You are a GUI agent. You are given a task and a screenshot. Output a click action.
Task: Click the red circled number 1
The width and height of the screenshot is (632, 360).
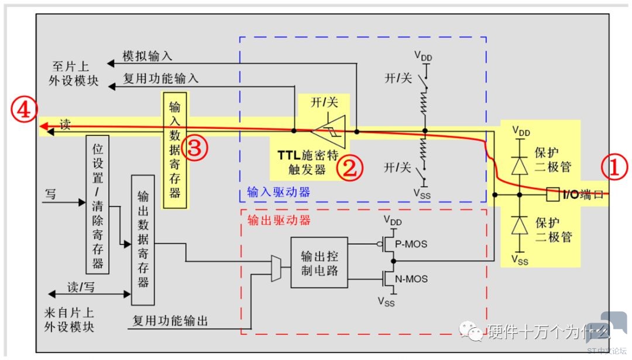pyautogui.click(x=614, y=169)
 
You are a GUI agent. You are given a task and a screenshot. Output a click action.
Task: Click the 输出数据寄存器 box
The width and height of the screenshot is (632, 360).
pyautogui.click(x=143, y=239)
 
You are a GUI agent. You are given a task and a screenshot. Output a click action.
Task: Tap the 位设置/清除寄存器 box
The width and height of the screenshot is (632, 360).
pyautogui.click(x=98, y=204)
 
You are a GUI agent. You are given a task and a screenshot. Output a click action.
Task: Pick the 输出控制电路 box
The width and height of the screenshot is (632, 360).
pyautogui.click(x=318, y=262)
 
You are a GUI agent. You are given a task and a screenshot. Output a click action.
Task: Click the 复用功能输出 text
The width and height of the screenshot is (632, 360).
pyautogui.click(x=170, y=320)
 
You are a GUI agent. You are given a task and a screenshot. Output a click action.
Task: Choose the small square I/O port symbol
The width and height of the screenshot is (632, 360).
pyautogui.click(x=551, y=193)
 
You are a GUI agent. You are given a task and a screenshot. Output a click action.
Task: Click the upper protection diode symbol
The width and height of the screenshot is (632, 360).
pyautogui.click(x=517, y=166)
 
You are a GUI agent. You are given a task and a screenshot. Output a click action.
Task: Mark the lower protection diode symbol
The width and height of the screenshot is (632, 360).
pyautogui.click(x=517, y=226)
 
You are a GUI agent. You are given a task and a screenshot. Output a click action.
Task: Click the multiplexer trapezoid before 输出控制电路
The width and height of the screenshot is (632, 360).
pyautogui.click(x=276, y=268)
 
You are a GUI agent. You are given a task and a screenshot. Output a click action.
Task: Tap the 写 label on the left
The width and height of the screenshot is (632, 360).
pyautogui.click(x=51, y=193)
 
